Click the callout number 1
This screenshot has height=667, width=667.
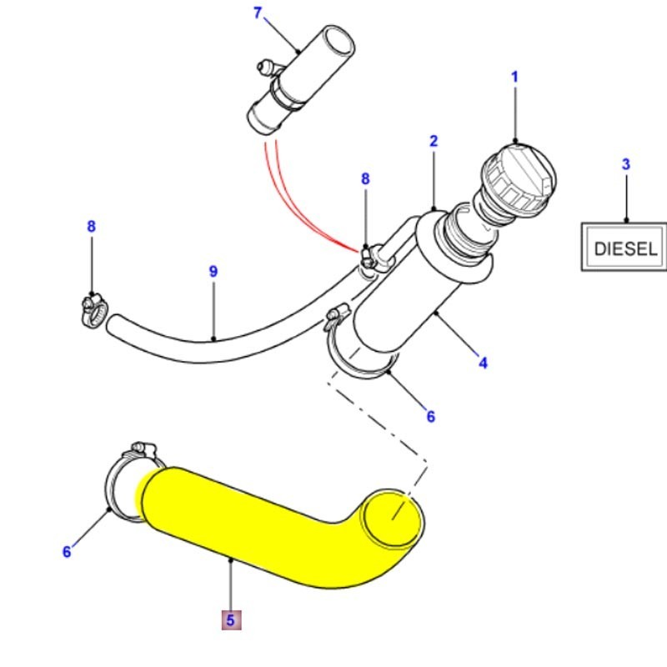pyautogui.click(x=514, y=78)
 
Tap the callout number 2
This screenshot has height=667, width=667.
pyautogui.click(x=434, y=142)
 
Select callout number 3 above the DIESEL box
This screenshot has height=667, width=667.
pyautogui.click(x=626, y=165)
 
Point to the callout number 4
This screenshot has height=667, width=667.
pyautogui.click(x=483, y=363)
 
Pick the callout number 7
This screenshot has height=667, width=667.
pyautogui.click(x=257, y=13)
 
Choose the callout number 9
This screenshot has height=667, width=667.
pyautogui.click(x=213, y=272)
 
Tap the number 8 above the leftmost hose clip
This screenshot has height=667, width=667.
pyautogui.click(x=91, y=227)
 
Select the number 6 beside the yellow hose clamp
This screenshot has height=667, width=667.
pyautogui.click(x=68, y=551)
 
